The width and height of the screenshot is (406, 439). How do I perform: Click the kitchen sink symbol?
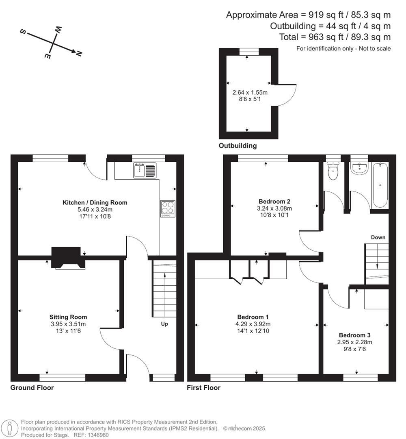coord(144,170)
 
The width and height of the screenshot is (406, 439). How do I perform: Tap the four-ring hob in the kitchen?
coord(168,209)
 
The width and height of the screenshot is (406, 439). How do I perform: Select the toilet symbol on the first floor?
coord(333,172)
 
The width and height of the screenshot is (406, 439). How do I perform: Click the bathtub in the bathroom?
coord(380,185)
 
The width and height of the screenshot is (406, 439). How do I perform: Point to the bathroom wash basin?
coord(359,168)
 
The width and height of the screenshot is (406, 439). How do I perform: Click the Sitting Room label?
coord(68,317)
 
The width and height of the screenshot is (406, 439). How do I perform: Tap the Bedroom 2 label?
coord(275,201)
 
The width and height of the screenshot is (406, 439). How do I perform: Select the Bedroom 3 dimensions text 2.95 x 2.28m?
coord(355,342)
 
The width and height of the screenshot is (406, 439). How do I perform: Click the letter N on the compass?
coord(79,53)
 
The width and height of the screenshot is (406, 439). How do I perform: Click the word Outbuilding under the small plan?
coord(238,146)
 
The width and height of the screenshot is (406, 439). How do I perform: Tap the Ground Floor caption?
coord(32,387)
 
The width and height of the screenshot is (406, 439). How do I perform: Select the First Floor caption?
coord(203,387)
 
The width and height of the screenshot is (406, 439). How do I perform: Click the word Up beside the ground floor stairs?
coord(164,324)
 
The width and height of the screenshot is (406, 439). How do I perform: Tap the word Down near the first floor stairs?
coord(378,237)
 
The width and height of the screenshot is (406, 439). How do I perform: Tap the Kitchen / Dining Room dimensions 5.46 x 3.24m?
coord(95,209)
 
